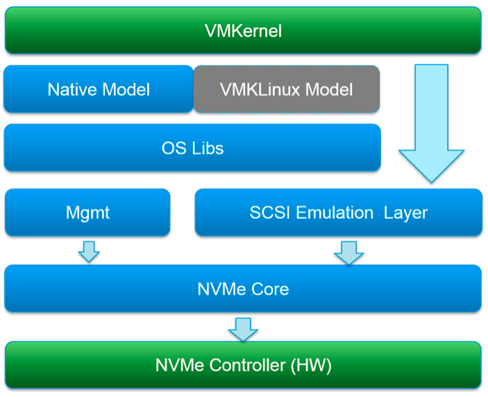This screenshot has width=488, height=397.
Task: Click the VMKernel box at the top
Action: pos(243,30)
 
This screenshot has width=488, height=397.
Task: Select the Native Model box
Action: pos(99,89)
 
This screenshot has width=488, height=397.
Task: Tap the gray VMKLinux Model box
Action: pos(286,89)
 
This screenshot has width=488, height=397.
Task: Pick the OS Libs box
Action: pos(192,148)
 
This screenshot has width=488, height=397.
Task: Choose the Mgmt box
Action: pos(87,212)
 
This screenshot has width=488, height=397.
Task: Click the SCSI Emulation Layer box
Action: pos(338,212)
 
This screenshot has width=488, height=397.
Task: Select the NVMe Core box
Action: pos(242,288)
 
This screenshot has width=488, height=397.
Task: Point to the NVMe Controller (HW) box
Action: pos(242,365)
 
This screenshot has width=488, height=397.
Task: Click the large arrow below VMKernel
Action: pos(431,125)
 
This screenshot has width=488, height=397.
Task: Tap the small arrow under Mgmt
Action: pos(89,251)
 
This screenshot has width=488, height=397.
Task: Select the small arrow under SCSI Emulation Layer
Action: pos(348,252)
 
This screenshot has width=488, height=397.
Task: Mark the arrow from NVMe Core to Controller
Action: pos(243,328)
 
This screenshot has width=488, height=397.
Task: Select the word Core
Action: pos(271,288)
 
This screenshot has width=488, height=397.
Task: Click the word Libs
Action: pos(208,148)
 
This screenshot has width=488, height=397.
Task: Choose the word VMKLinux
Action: pos(262,89)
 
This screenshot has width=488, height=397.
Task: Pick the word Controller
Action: pos(246,365)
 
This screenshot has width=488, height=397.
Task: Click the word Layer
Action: pos(406,212)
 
